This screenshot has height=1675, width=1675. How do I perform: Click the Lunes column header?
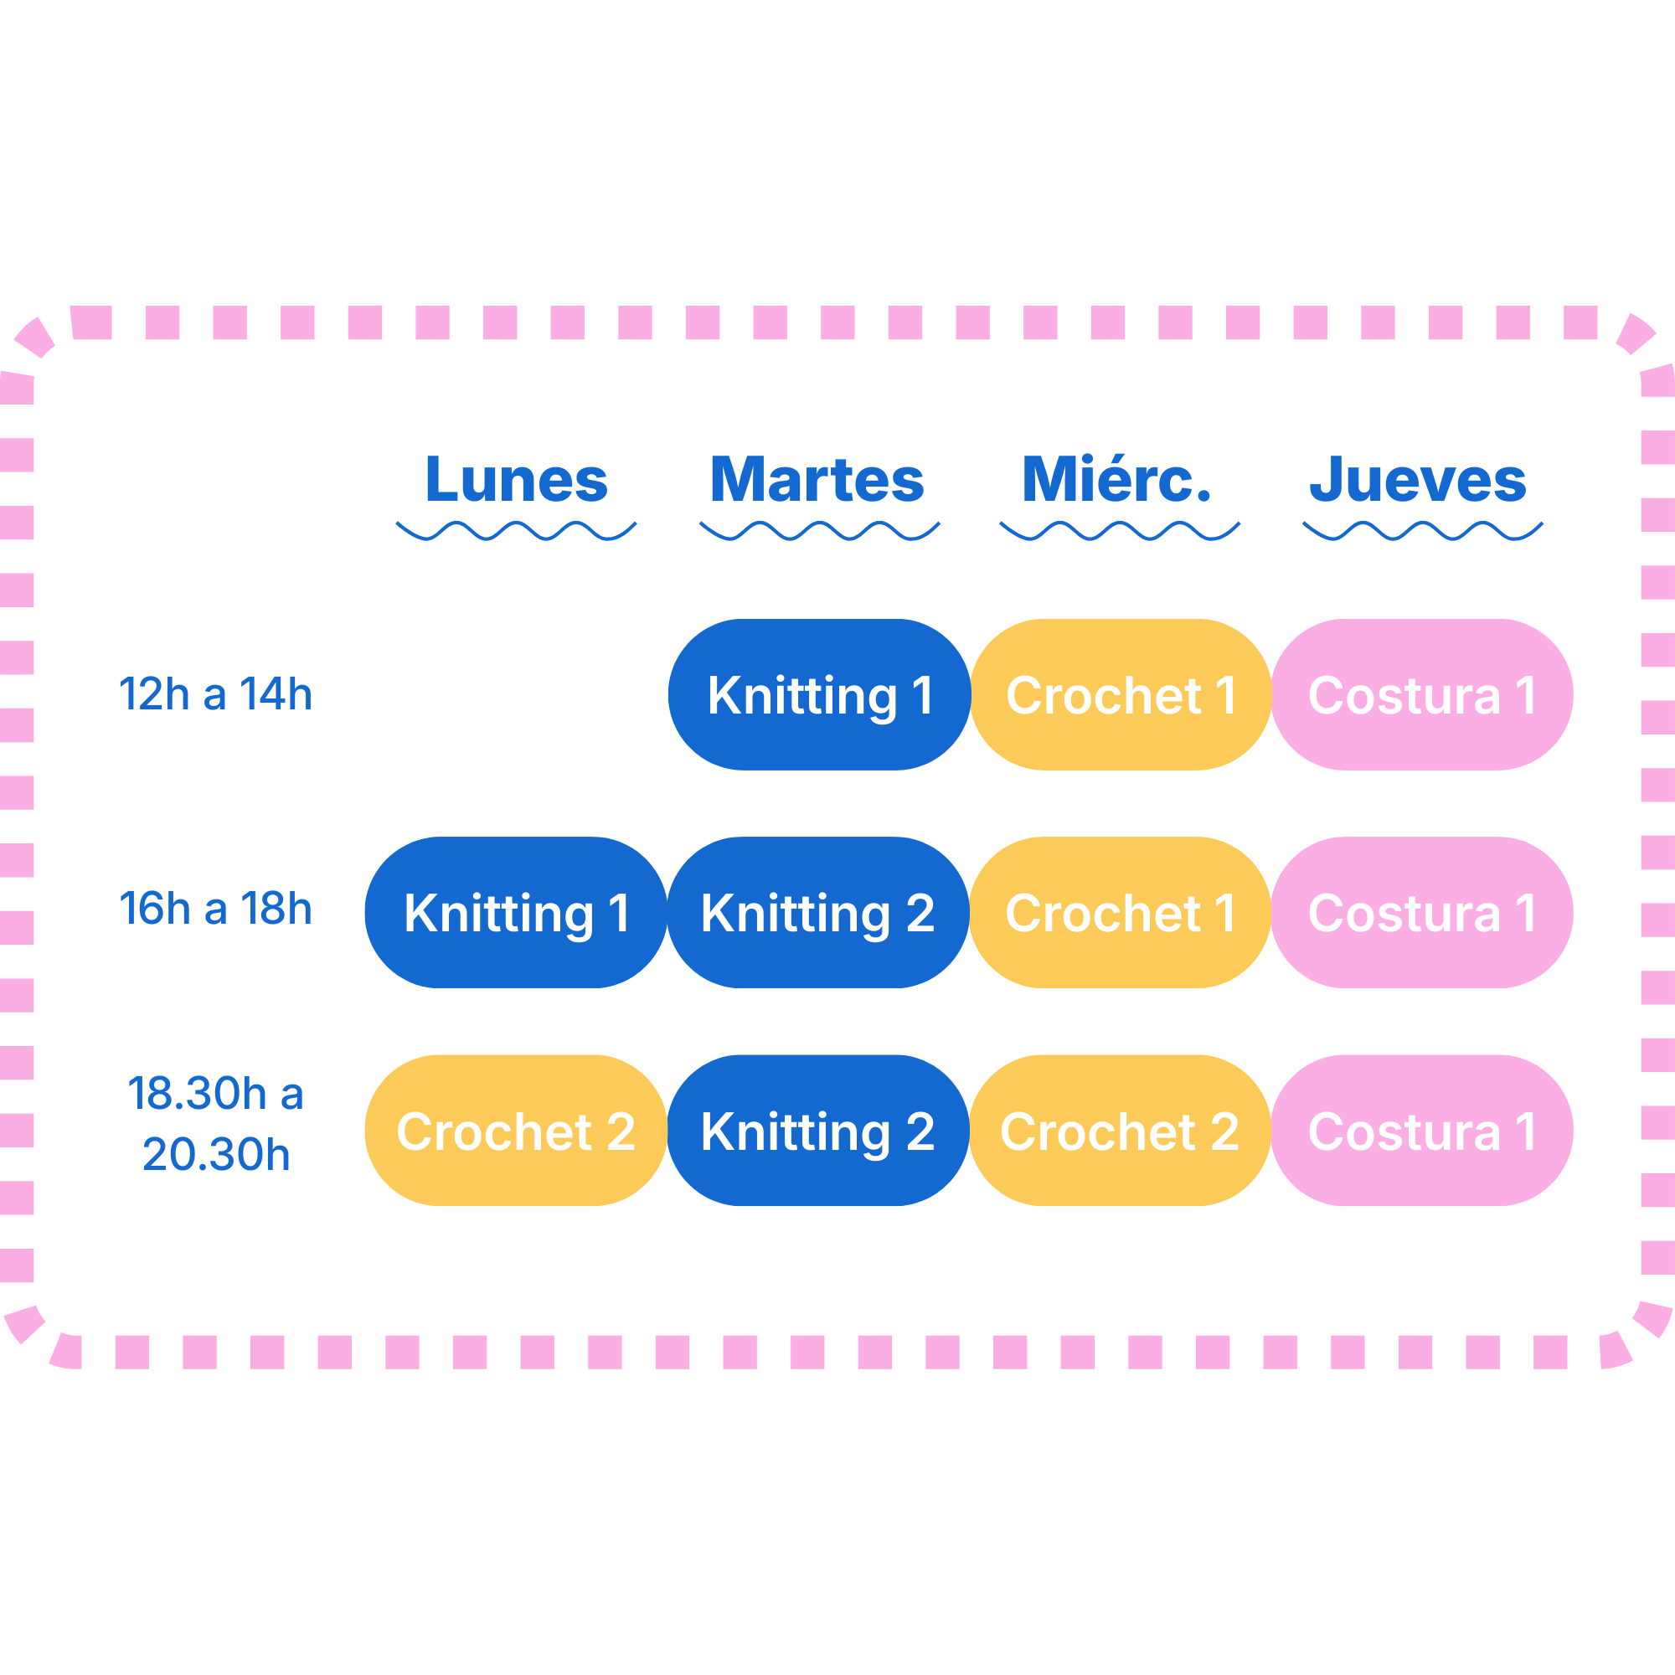click(x=517, y=479)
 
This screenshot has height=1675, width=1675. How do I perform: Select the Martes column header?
click(x=817, y=479)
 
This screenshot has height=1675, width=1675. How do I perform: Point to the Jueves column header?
click(x=1419, y=479)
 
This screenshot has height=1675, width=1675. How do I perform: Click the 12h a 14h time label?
click(x=215, y=694)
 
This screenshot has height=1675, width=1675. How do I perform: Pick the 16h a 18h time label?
click(x=215, y=909)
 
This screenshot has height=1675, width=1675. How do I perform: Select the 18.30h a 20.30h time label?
click(x=216, y=1123)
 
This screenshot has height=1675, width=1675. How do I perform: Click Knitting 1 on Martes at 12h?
click(x=819, y=694)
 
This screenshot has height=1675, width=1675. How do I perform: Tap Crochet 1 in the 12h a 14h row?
click(x=1121, y=694)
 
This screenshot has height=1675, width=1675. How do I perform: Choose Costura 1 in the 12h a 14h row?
click(x=1423, y=694)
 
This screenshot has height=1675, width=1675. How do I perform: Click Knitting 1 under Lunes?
click(x=517, y=912)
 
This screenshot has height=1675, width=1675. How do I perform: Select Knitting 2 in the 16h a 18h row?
click(x=818, y=912)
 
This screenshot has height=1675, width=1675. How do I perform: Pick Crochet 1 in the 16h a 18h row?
click(x=1120, y=912)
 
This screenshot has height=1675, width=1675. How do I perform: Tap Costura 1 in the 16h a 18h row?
click(x=1423, y=912)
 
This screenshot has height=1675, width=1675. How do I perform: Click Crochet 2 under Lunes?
click(x=517, y=1131)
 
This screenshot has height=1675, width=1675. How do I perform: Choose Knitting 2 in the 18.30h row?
click(x=818, y=1131)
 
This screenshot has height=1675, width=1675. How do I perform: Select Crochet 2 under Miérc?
click(x=1120, y=1131)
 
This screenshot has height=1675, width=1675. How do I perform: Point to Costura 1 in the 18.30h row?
click(x=1423, y=1131)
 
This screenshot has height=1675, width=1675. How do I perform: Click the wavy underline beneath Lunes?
click(x=517, y=531)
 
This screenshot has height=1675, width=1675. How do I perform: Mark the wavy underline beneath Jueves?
click(x=1423, y=531)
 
